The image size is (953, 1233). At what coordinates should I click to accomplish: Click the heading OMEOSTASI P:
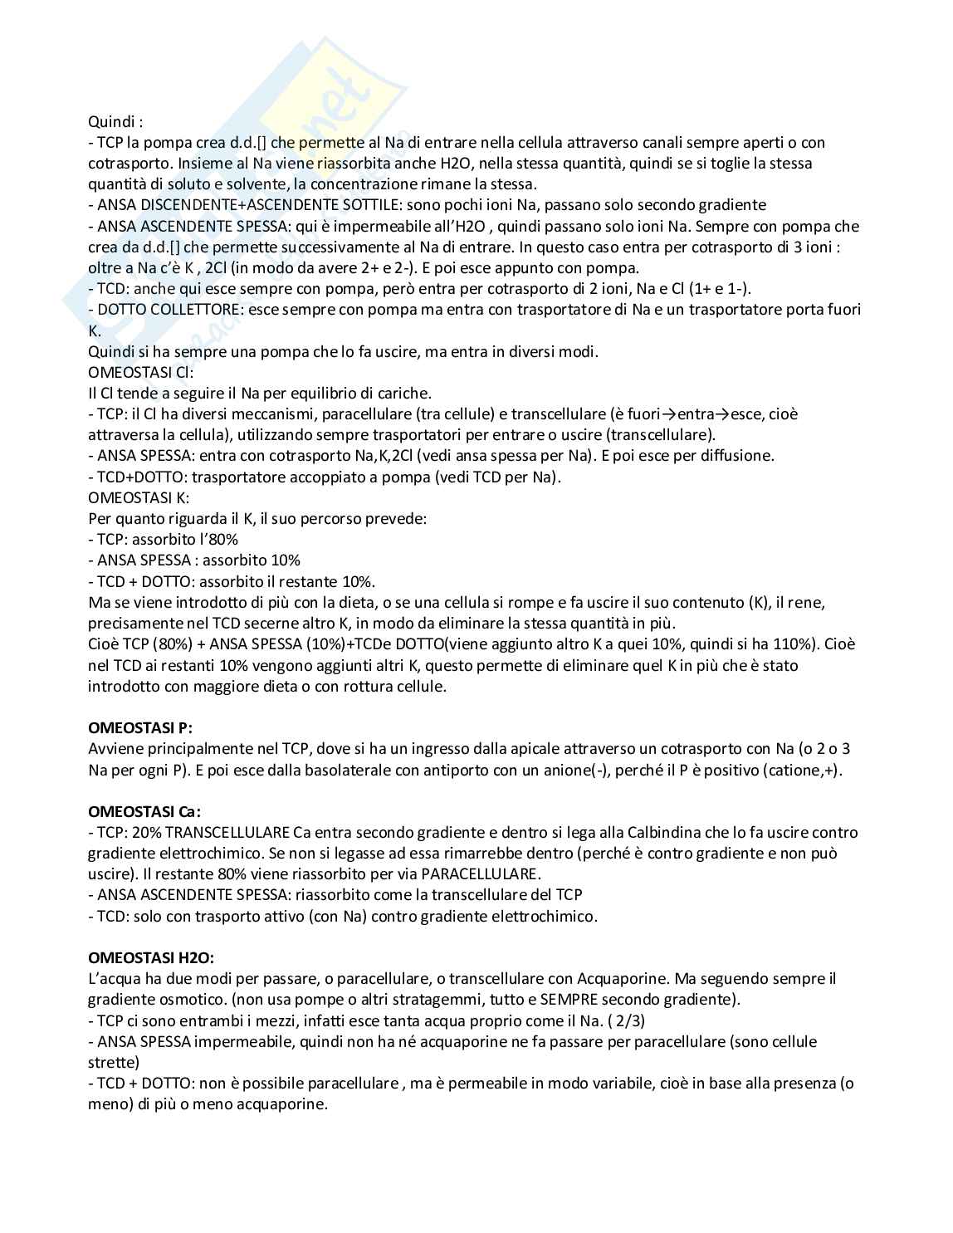(140, 728)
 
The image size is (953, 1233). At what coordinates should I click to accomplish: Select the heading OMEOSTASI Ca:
(144, 811)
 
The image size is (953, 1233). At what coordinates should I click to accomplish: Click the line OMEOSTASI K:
(139, 497)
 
